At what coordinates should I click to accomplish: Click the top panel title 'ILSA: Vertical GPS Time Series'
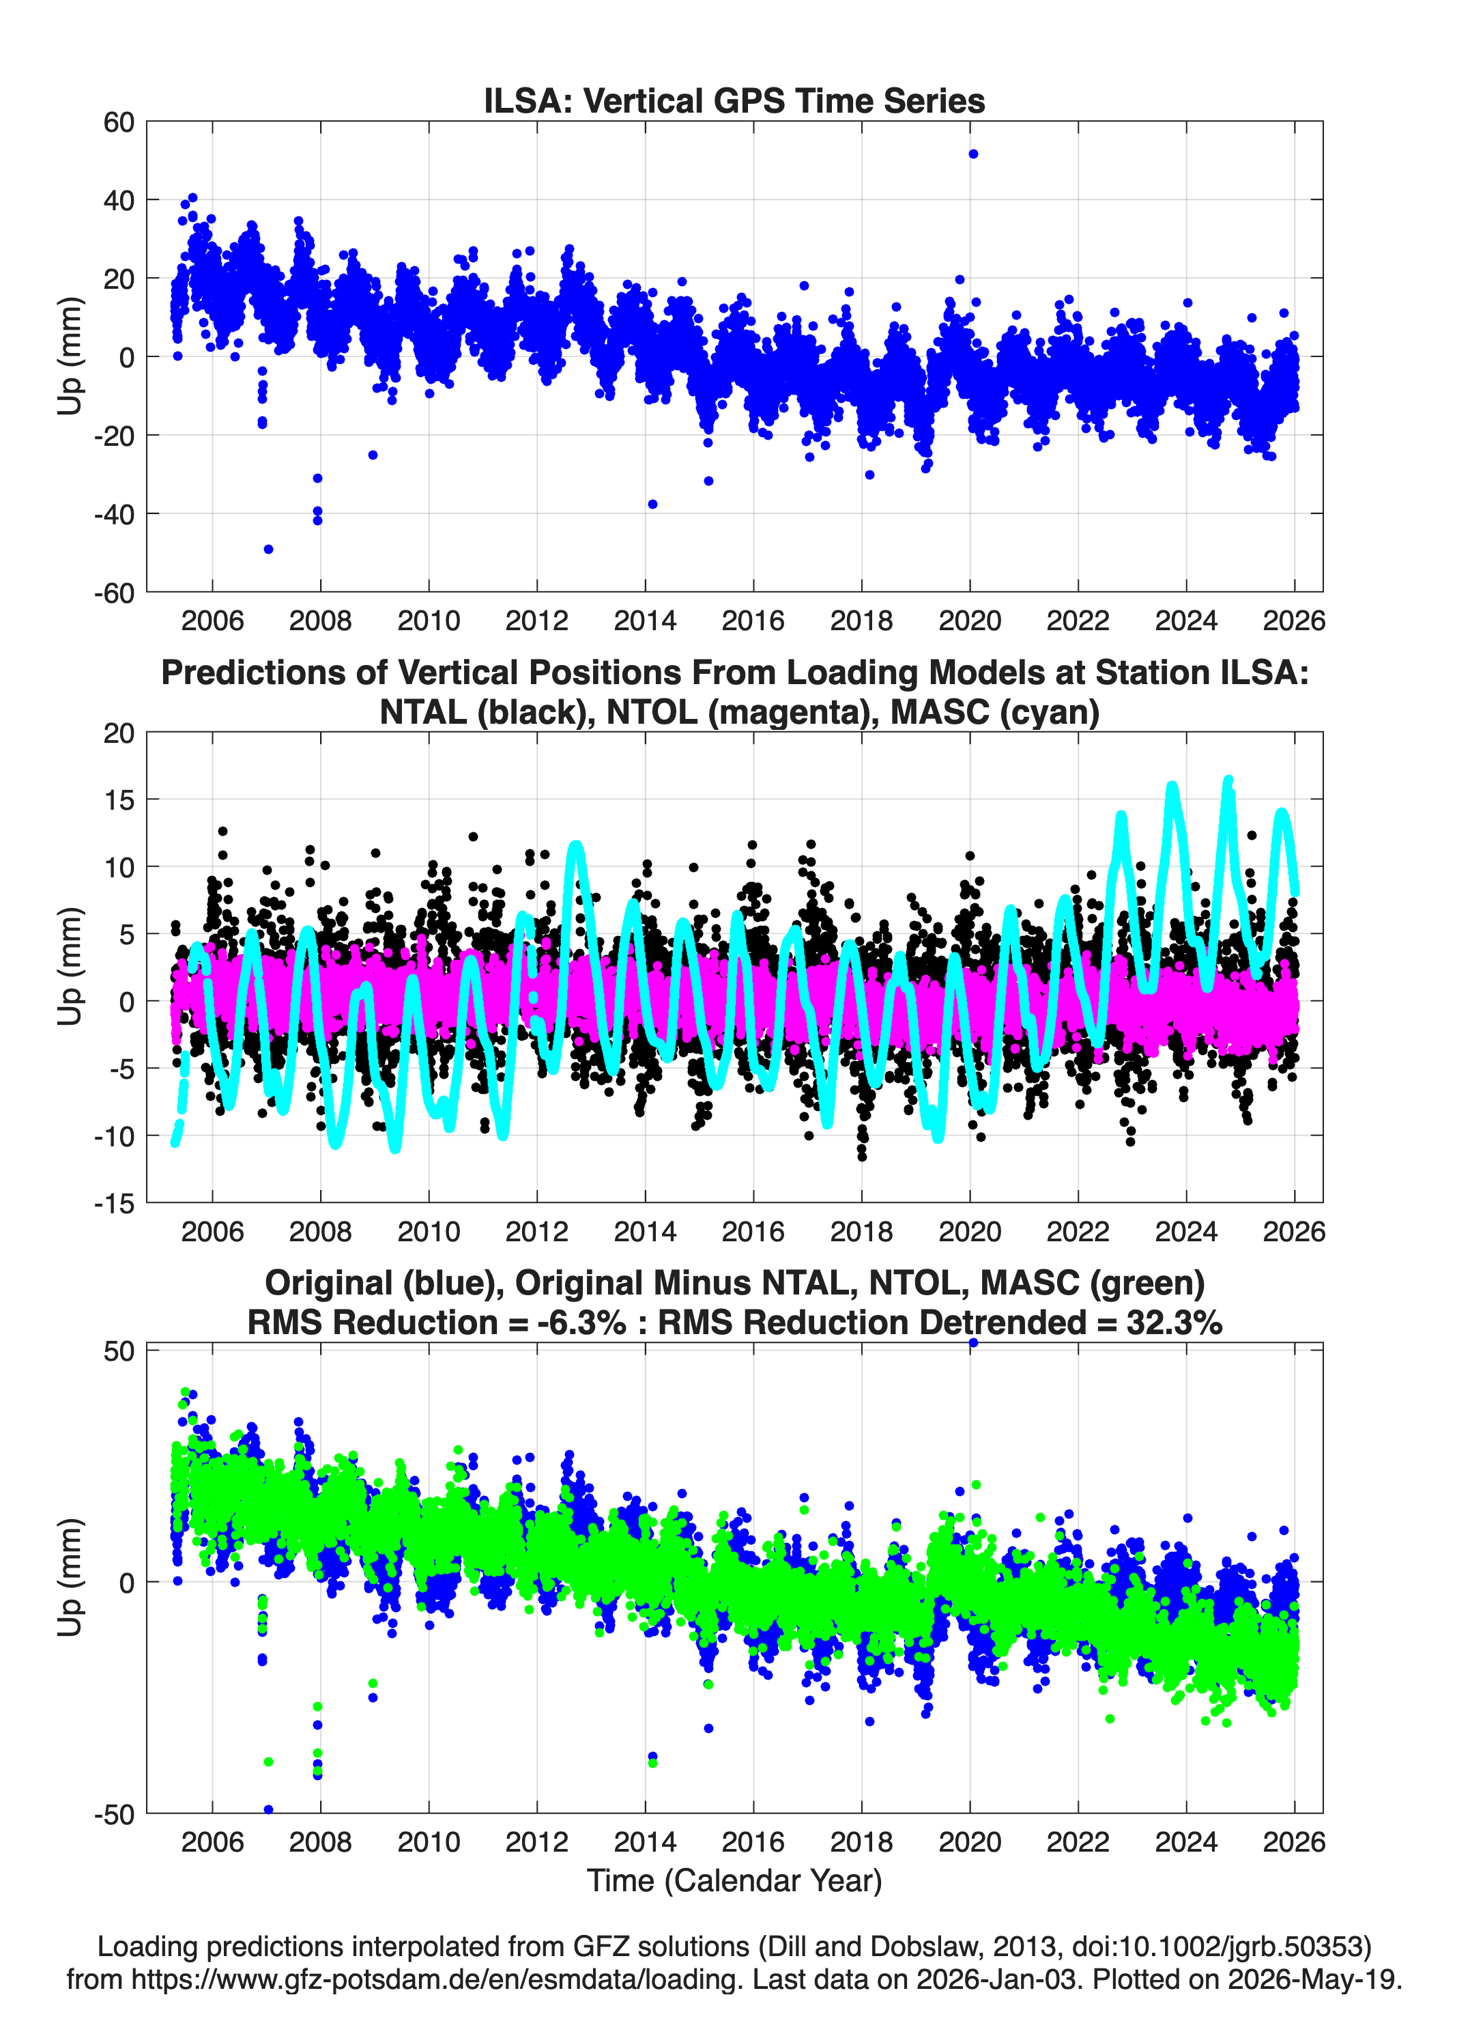tap(734, 100)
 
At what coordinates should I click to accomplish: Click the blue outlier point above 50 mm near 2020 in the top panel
tap(972, 154)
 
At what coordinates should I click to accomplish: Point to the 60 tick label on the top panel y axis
tap(119, 122)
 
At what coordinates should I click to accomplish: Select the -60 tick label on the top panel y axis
tap(113, 593)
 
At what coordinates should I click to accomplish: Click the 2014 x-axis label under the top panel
tap(645, 621)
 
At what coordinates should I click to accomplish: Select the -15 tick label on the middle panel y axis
tap(114, 1204)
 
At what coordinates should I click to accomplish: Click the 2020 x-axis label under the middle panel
tap(970, 1231)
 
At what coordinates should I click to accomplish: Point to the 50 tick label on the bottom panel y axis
tap(119, 1352)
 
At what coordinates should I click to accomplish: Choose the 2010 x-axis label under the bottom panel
tap(429, 1841)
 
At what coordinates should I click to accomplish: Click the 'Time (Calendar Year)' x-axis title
tap(735, 1880)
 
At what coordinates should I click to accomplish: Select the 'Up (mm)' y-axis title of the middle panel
tap(70, 967)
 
